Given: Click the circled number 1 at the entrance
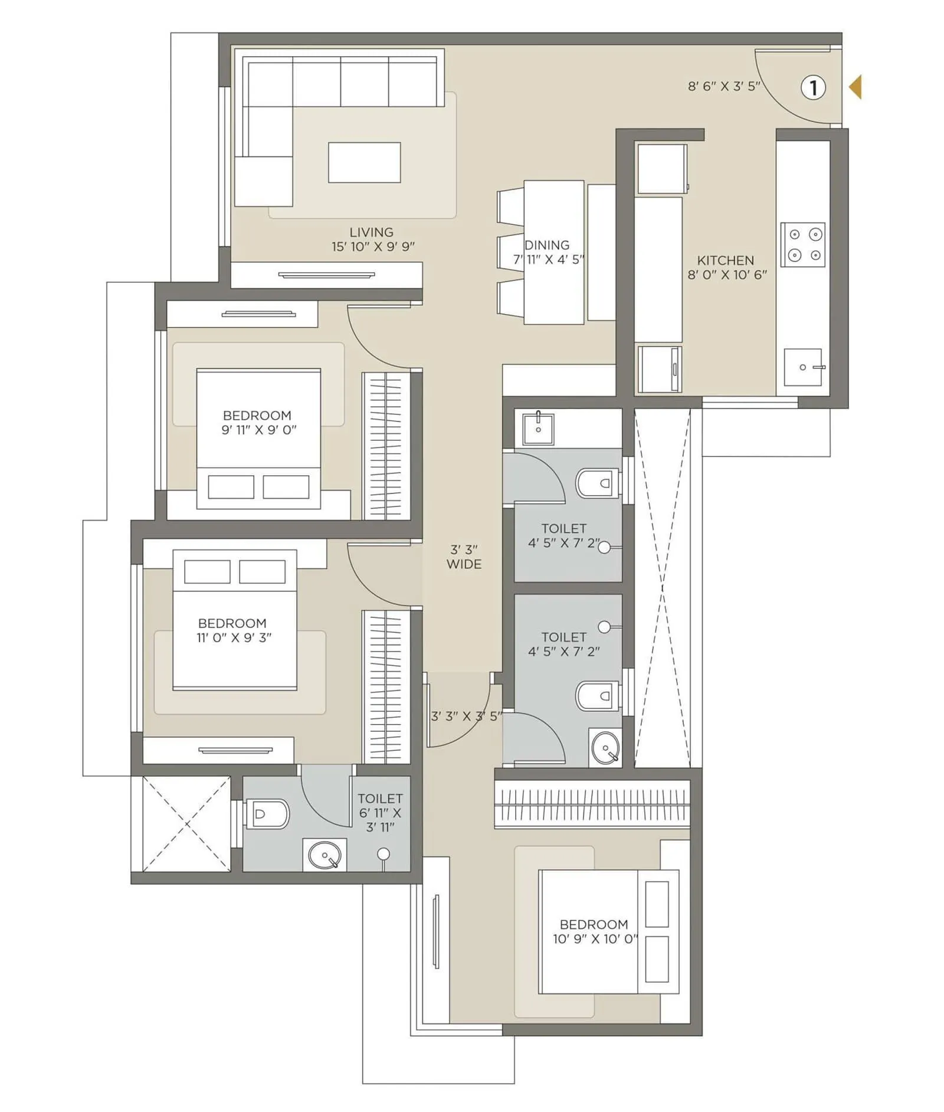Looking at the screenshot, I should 812,88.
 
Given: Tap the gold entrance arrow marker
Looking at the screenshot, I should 855,87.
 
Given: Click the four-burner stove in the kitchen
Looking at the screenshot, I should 802,244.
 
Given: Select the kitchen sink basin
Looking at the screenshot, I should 803,367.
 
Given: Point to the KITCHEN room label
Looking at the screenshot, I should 725,260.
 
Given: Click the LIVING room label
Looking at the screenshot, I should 371,233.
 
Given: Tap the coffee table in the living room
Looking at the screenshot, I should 364,162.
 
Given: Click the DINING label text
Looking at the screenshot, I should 547,245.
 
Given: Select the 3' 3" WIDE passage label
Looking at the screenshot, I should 464,557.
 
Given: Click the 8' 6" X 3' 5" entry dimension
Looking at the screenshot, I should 724,86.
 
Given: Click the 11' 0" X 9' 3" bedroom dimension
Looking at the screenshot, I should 234,637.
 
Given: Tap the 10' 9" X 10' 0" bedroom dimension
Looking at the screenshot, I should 595,939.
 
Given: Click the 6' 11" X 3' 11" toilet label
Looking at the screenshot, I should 380,813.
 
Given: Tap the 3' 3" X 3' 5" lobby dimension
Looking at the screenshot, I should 466,717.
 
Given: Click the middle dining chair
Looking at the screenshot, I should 511,253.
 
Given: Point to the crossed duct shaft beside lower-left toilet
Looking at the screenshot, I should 187,823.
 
